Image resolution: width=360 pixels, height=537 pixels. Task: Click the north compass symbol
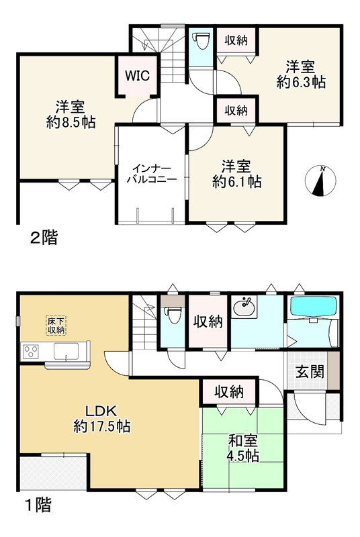pyautogui.click(x=322, y=181)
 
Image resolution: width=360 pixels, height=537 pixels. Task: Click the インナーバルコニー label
pyautogui.click(x=153, y=174)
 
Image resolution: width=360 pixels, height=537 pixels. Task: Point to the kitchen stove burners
pyautogui.click(x=32, y=351)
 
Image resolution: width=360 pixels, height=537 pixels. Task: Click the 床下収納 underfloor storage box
pyautogui.click(x=56, y=325)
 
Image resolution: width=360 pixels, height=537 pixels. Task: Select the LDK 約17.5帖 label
pyautogui.click(x=101, y=418)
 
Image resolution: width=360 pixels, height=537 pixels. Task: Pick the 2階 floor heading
pyautogui.click(x=43, y=237)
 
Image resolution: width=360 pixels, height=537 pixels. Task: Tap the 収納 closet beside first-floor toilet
pyautogui.click(x=208, y=322)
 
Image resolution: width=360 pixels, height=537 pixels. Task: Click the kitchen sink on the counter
pyautogui.click(x=67, y=351)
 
